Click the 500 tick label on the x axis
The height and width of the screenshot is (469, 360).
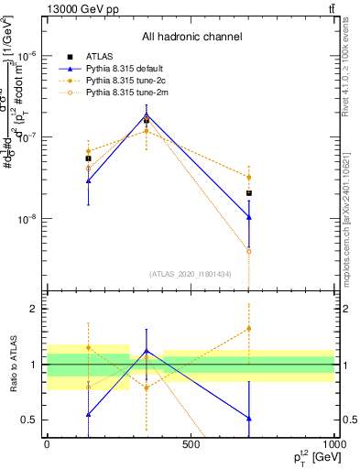pos(191,443)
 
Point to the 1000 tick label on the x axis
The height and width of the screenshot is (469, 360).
pos(333,443)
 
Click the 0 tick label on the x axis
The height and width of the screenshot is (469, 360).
pos(47,443)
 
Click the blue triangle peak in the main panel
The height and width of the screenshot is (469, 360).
pos(147,115)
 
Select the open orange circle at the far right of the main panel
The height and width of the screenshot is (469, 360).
pos(248,251)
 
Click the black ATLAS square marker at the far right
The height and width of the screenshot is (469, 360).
pos(248,193)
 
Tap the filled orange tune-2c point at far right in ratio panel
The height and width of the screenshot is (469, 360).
pos(248,328)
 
